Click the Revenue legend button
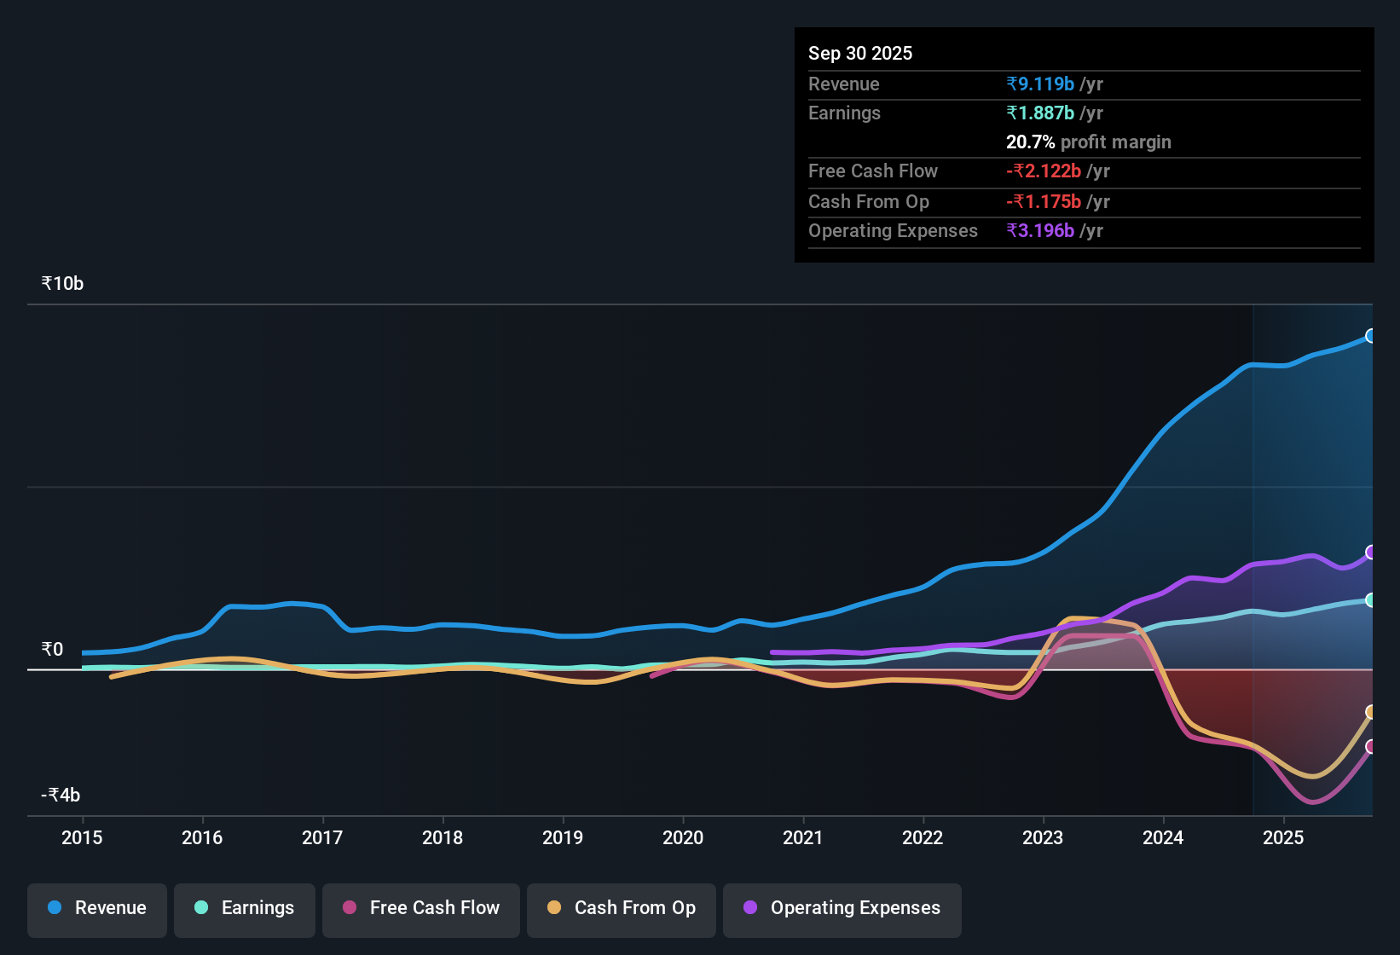click(x=97, y=908)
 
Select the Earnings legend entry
click(x=245, y=908)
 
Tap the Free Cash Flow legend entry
click(x=421, y=908)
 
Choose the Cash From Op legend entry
click(x=622, y=908)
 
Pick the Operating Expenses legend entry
click(x=842, y=908)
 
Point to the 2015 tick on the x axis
click(x=82, y=837)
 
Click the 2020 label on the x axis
click(x=683, y=837)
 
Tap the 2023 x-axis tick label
click(x=1043, y=837)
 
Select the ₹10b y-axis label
click(x=63, y=284)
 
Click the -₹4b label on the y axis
click(x=61, y=795)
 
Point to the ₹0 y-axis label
click(x=53, y=649)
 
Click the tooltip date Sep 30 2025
click(x=860, y=53)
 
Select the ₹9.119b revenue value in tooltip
click(x=1040, y=84)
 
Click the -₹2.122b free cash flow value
click(x=1044, y=171)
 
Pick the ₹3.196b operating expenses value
click(x=1040, y=230)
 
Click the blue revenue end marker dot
click(x=1371, y=336)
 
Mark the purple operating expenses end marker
click(x=1371, y=553)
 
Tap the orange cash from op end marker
click(x=1371, y=712)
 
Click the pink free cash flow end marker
click(x=1371, y=747)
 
